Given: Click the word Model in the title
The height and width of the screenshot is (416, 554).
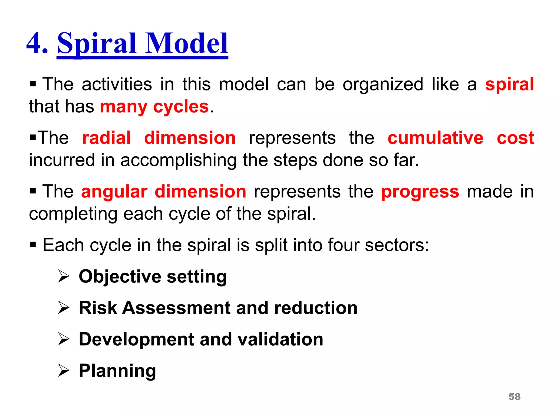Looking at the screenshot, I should (187, 43).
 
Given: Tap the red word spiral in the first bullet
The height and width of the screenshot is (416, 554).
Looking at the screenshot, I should (509, 84).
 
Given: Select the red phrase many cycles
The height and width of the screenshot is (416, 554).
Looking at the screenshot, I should (154, 107).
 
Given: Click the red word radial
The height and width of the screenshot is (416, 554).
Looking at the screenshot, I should (107, 138).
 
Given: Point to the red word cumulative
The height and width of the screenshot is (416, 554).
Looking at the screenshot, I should (435, 138).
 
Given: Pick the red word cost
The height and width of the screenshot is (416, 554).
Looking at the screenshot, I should (515, 138).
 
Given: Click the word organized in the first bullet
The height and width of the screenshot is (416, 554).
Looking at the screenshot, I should (383, 84).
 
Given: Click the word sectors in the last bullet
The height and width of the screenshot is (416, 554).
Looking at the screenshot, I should (397, 245).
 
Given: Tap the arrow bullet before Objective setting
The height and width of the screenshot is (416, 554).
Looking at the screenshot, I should (64, 277).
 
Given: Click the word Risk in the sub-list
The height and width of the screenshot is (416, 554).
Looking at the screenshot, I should (98, 308).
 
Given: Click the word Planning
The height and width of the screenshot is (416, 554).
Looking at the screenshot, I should (117, 371).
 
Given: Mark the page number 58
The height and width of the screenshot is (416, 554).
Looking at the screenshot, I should (514, 397).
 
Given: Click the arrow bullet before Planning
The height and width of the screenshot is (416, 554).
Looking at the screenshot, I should (64, 371).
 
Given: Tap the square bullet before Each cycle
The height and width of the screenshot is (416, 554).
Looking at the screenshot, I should (33, 245).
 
